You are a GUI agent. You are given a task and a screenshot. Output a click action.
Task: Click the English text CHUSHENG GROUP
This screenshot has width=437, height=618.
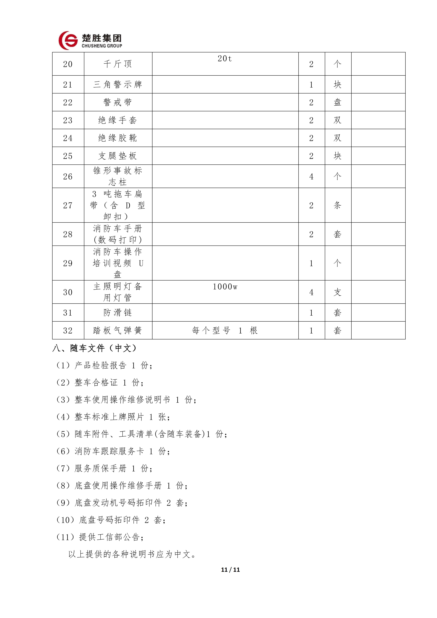102,46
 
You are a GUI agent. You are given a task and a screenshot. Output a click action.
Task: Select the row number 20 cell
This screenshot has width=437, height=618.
68,64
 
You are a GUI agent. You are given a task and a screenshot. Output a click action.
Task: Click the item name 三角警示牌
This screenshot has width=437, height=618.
118,85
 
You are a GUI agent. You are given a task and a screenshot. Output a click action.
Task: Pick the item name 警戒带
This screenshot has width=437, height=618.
118,102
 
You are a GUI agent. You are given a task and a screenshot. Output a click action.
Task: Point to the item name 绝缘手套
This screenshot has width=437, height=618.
118,120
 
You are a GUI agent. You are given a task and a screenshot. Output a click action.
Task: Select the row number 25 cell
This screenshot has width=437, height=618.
68,156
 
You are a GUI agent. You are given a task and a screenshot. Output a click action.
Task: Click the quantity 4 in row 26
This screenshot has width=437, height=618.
311,177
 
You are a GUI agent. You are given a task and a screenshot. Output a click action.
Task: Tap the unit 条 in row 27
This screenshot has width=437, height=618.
337,205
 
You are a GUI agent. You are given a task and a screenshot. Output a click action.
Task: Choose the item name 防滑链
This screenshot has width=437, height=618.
118,312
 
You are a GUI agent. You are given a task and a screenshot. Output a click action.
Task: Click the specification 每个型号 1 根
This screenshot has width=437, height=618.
225,330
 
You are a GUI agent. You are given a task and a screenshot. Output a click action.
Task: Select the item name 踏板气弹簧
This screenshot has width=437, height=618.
118,330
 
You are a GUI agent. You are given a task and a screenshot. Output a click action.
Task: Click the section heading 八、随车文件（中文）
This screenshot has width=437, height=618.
95,348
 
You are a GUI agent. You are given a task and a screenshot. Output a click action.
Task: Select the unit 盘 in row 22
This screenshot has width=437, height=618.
337,102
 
